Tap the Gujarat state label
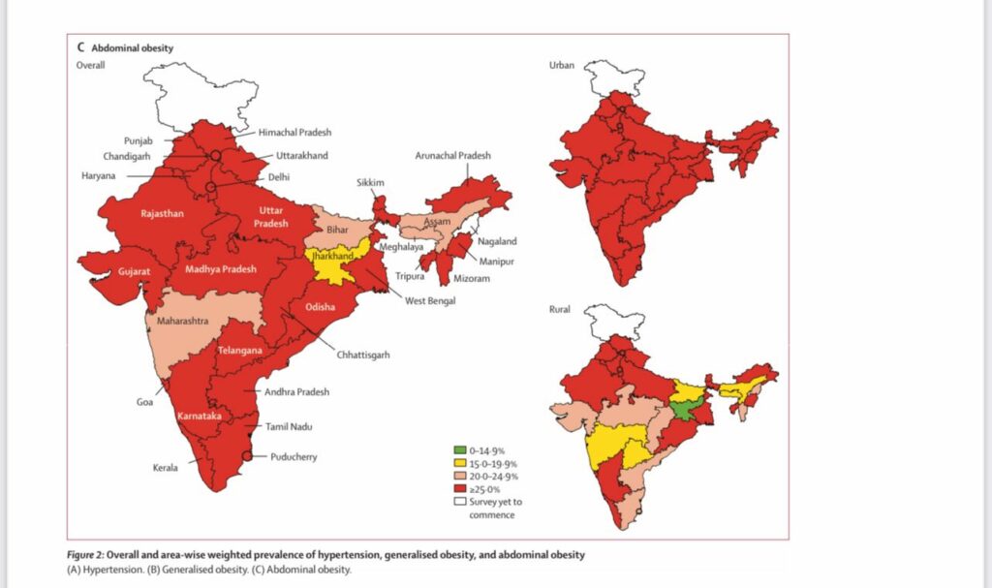click(x=134, y=272)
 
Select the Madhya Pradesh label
click(x=221, y=269)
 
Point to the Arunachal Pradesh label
click(x=452, y=156)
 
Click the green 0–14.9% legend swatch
click(x=461, y=450)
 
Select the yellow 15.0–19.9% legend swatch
click(x=461, y=463)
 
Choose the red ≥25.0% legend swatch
click(x=461, y=489)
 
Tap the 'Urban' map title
click(x=562, y=65)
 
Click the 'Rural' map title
click(x=560, y=309)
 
